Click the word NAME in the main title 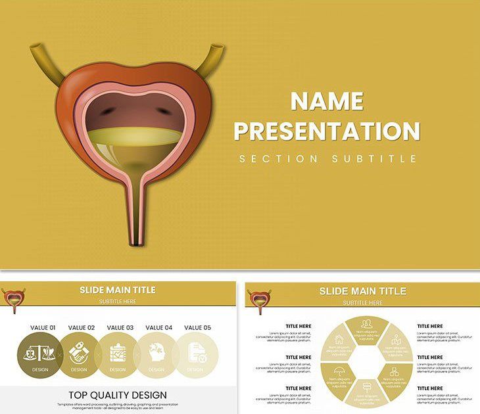coord(327,101)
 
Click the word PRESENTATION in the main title coord(327,131)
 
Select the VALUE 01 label coord(43,327)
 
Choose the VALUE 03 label coord(120,327)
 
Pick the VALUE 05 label coord(197,327)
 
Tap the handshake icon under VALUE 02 coord(79,353)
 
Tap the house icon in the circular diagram coord(339,340)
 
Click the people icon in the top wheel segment coord(367,323)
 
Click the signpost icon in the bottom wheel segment coord(367,387)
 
